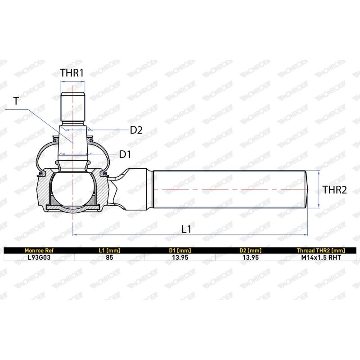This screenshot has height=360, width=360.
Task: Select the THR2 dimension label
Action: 334,190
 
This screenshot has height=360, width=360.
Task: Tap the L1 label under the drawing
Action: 187,229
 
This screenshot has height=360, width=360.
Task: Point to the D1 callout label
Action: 125,154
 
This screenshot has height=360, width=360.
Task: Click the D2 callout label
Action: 136,130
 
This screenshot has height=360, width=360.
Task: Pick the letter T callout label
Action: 16,101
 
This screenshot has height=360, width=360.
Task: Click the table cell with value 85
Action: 109,258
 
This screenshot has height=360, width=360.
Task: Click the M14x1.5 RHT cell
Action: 321,258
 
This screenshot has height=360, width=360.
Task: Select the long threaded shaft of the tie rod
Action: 229,189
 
